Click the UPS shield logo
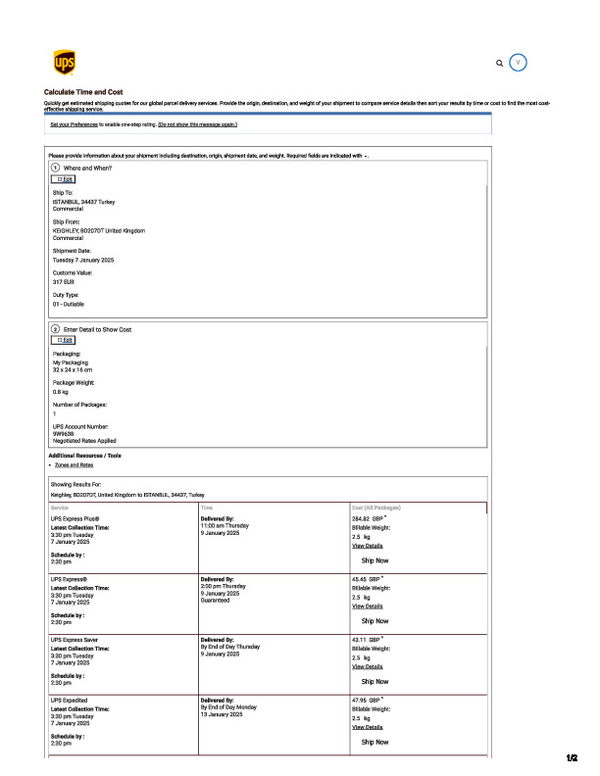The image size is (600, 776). pos(62,63)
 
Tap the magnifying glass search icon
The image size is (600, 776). pos(500,63)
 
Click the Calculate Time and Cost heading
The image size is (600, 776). pos(83,92)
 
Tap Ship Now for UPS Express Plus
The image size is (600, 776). pos(375,560)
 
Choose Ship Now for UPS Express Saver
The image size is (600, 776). pos(375,681)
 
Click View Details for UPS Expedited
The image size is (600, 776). pos(367,727)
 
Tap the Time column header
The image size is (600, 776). pos(207,508)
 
